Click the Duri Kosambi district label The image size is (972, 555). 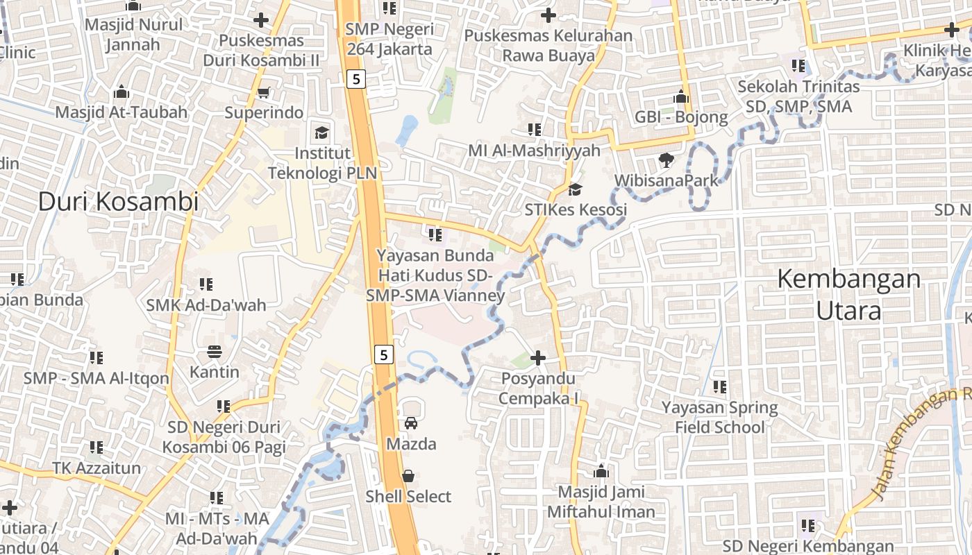click(x=118, y=201)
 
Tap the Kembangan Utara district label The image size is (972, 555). click(x=848, y=295)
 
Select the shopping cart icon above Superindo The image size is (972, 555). click(x=263, y=92)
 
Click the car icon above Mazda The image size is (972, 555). click(x=411, y=422)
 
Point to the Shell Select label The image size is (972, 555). click(x=408, y=497)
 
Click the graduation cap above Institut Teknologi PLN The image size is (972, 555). click(x=321, y=133)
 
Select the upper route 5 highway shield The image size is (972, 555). click(x=356, y=79)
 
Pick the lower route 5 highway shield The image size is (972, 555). click(x=384, y=355)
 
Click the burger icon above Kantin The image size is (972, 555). click(x=214, y=351)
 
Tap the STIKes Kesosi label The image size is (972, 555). click(x=576, y=210)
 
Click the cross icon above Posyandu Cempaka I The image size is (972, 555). click(x=538, y=358)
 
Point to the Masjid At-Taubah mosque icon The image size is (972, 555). click(x=121, y=92)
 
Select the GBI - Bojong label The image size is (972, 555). click(x=681, y=117)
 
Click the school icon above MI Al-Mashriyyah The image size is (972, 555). click(x=534, y=130)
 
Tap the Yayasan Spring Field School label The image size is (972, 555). click(x=719, y=417)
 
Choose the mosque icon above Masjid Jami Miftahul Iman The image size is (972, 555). click(x=601, y=472)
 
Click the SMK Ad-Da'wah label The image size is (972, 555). click(x=206, y=305)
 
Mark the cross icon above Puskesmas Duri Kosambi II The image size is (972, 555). click(x=261, y=20)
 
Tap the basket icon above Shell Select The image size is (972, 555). click(x=408, y=476)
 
